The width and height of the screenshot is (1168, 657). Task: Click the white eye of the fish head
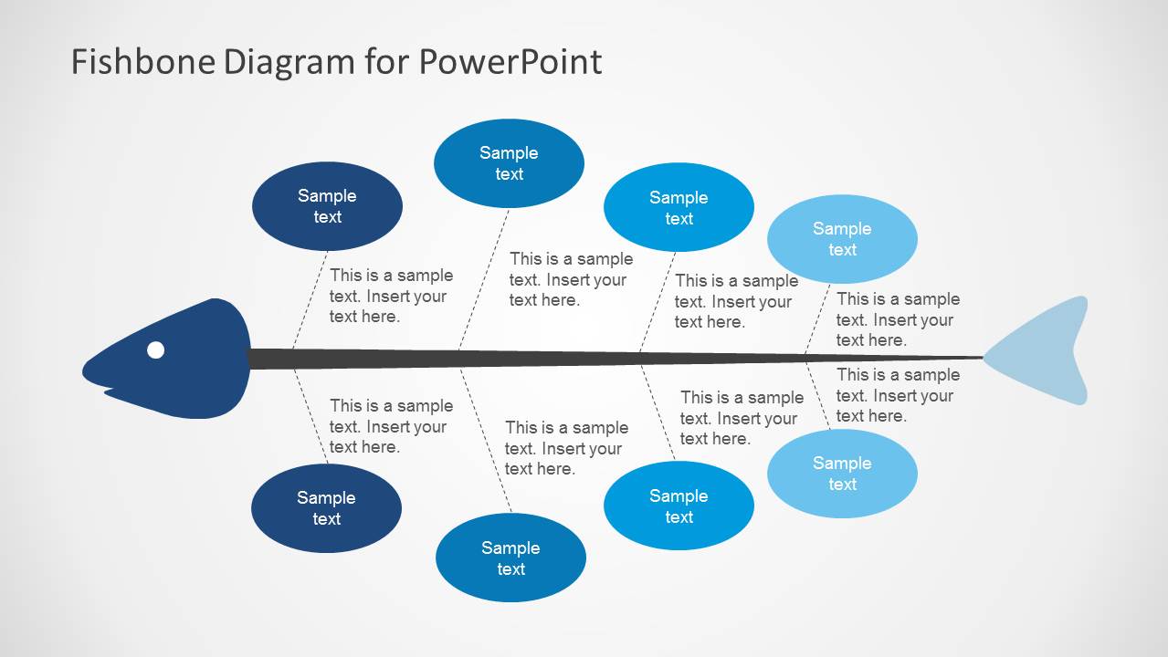coord(156,349)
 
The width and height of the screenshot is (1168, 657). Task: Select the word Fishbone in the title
coord(142,62)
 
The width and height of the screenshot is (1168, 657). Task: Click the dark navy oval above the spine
coord(327,206)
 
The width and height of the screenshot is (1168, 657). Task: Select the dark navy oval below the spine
coord(326,508)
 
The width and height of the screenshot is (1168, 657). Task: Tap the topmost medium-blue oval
coord(509,163)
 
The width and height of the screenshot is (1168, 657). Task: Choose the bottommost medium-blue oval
coord(510,558)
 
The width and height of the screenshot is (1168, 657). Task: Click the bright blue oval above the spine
coord(679,208)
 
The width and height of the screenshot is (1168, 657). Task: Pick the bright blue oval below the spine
coord(679,506)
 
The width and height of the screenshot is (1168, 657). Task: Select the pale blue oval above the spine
coord(842,239)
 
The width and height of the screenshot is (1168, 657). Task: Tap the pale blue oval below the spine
coord(842,474)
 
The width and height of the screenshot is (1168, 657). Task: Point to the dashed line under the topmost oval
coord(484,278)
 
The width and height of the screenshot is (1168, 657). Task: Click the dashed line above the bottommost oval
coord(485,440)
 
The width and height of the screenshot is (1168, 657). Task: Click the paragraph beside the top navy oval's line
coord(391,296)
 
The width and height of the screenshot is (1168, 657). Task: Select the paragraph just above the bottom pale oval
coord(898,395)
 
